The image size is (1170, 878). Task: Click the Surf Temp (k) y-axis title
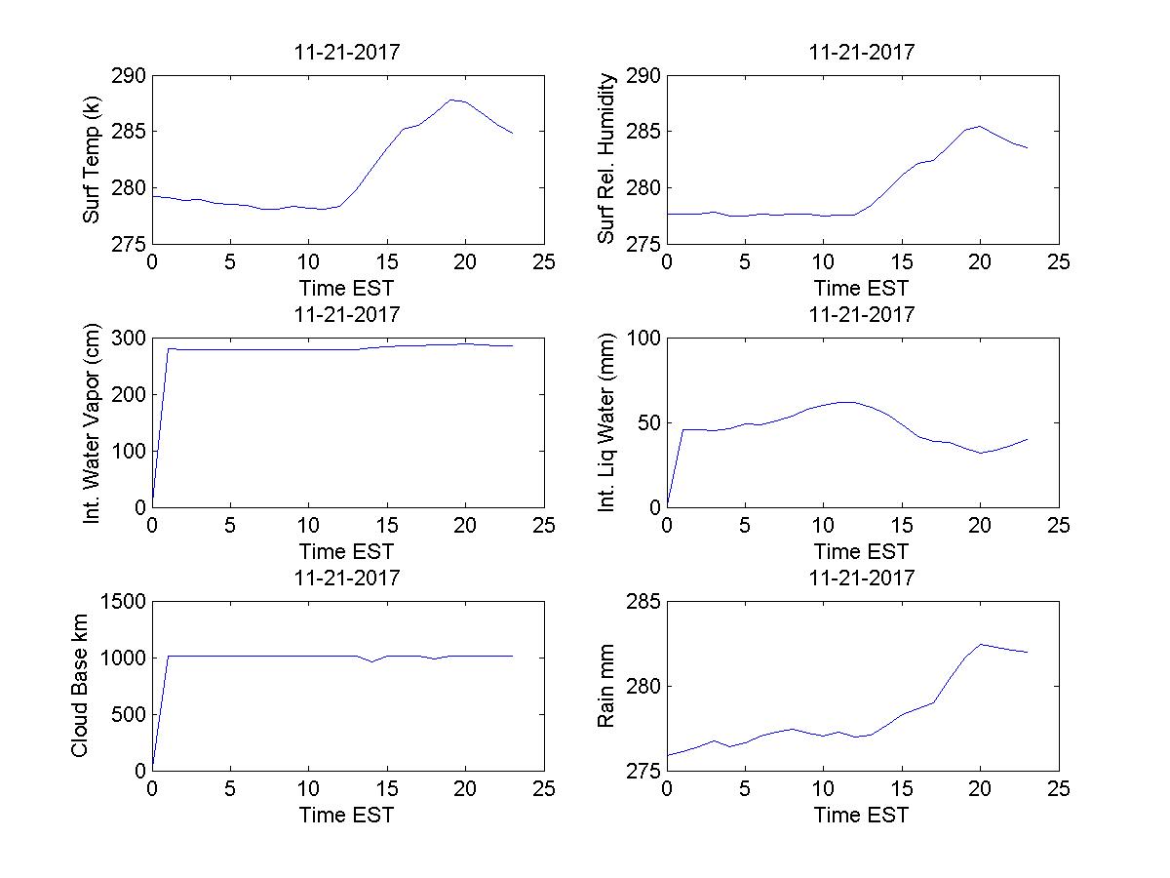pos(92,160)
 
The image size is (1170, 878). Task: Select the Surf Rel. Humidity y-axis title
pos(607,159)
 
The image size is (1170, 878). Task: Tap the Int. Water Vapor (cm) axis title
pos(92,422)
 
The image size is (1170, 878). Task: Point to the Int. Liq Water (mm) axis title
pos(607,422)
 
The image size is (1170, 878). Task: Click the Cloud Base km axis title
pos(79,686)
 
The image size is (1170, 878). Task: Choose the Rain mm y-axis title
pos(606,686)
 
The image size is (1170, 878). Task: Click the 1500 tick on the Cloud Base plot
pos(124,602)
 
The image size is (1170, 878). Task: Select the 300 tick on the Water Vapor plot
pos(130,339)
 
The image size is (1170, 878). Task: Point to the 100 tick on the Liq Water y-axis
pos(644,339)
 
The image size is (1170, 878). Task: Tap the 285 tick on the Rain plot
pos(644,602)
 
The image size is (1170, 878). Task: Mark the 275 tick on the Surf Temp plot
pos(130,244)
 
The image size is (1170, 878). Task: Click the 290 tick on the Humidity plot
pos(644,76)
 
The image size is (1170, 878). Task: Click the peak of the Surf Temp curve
pos(451,100)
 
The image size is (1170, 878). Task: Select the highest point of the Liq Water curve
pos(846,402)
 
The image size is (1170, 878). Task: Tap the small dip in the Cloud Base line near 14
pos(371,661)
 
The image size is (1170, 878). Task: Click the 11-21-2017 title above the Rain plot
pos(862,578)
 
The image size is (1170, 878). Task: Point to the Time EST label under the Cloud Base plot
pos(346,815)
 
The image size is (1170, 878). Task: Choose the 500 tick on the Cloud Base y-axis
pos(130,714)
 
